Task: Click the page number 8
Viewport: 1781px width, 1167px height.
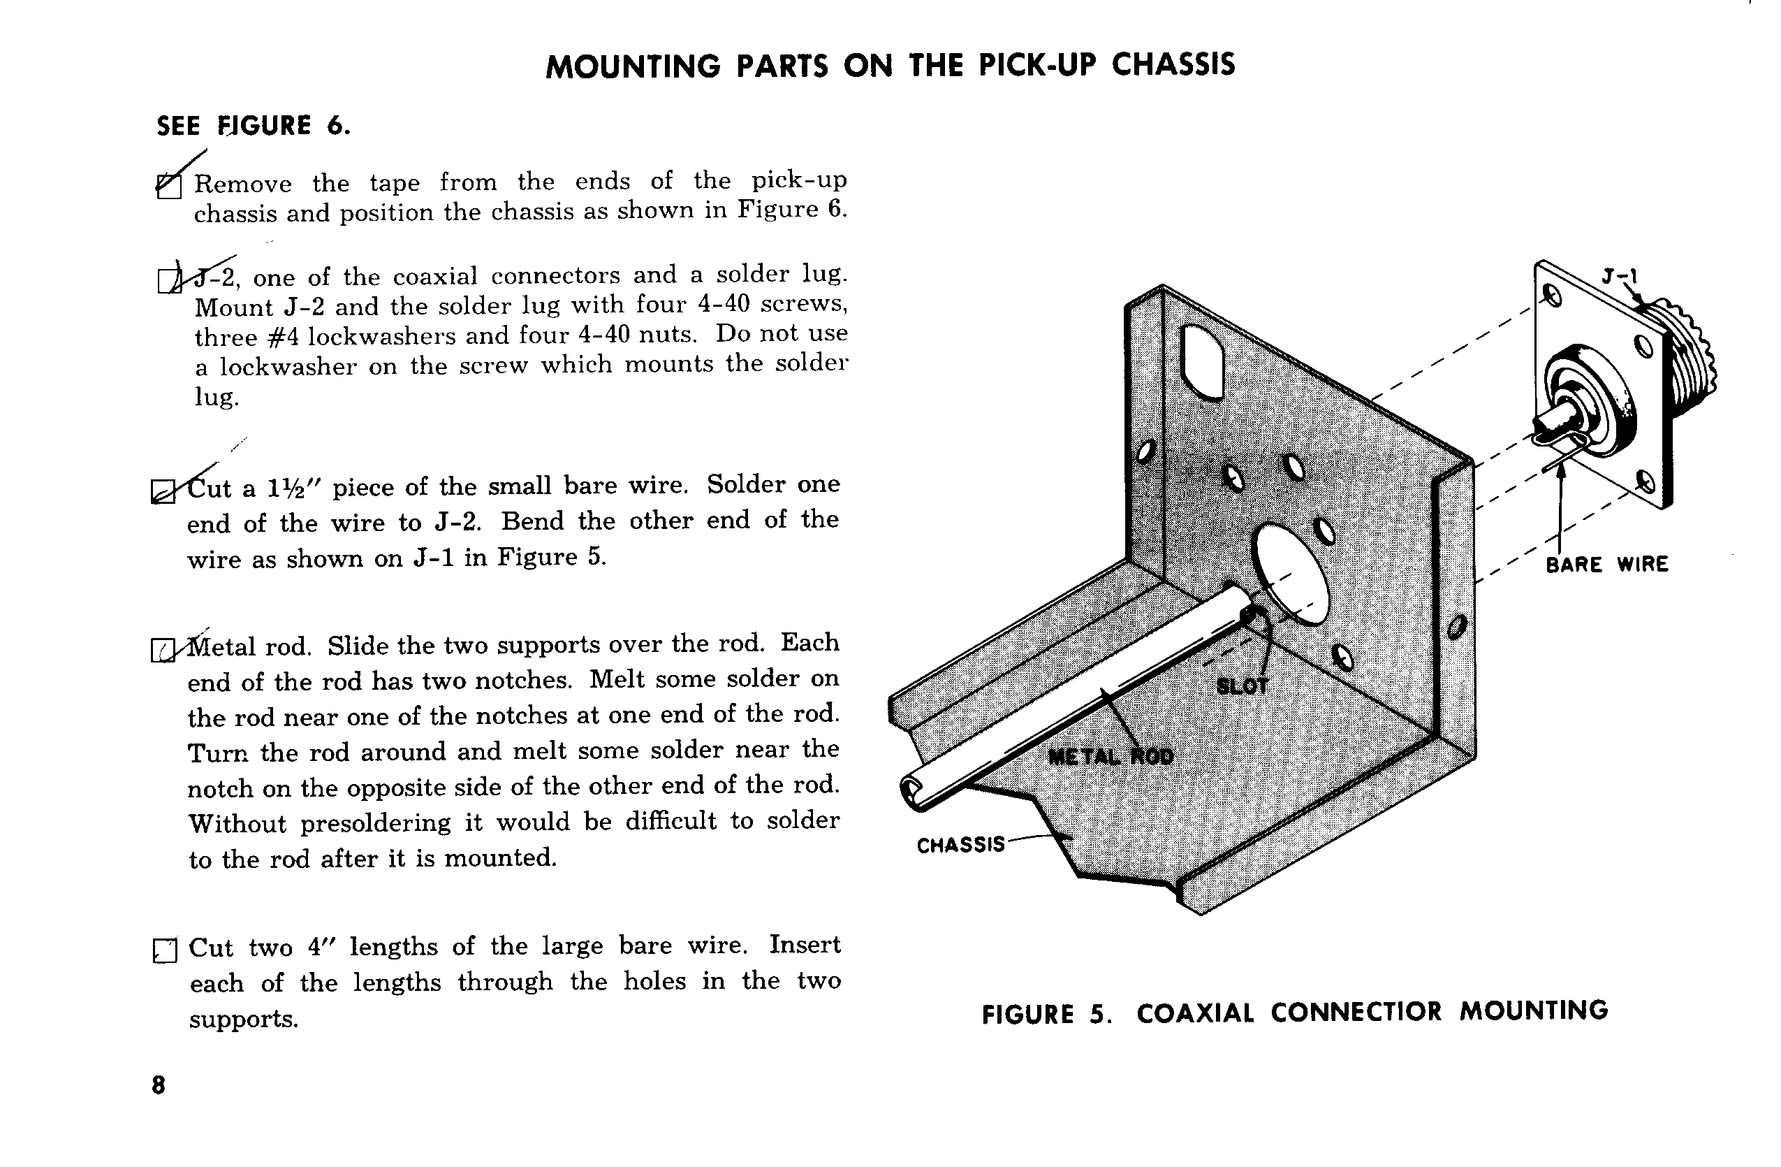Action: coord(159,1085)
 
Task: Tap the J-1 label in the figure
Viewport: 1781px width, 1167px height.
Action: coord(1620,277)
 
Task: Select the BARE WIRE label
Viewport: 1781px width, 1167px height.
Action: coord(1606,564)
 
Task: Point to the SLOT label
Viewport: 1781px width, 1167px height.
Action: coord(1243,686)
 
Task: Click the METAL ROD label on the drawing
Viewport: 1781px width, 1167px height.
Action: coord(1111,757)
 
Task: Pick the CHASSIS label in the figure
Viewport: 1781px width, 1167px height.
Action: coord(961,845)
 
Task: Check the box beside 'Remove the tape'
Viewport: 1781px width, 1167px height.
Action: coord(169,186)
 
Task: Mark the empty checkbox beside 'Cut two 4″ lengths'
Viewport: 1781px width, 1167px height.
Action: coord(165,950)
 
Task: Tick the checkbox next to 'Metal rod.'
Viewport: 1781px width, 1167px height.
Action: coord(163,650)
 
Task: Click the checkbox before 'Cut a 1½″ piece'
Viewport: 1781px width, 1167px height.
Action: coord(163,491)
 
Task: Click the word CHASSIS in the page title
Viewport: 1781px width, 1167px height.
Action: coord(1173,65)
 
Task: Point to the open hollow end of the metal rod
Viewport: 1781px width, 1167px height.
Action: coord(911,790)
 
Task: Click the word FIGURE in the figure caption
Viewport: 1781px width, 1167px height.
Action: coord(1027,1014)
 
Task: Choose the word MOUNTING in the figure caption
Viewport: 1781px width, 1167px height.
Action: coord(1533,1010)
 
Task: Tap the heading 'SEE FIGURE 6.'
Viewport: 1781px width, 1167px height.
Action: coord(253,126)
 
